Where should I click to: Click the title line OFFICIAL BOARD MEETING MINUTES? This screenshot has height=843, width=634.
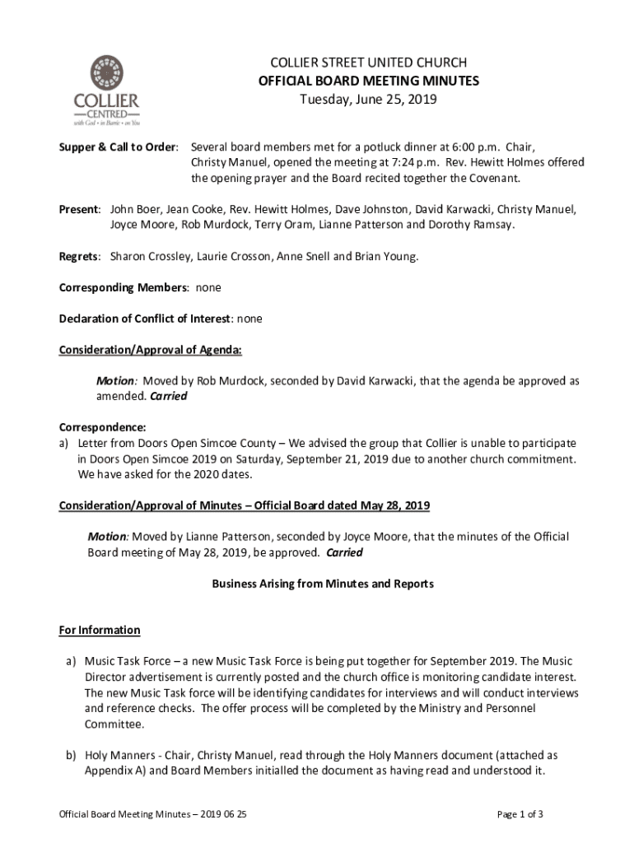coord(369,81)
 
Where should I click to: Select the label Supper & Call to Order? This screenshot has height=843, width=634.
coord(119,147)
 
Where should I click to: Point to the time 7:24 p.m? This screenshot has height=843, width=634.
coord(404,161)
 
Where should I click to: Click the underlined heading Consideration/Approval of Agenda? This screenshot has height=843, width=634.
coord(151,350)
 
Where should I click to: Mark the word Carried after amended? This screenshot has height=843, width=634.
coord(168,396)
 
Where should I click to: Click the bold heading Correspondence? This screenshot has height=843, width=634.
coord(102,427)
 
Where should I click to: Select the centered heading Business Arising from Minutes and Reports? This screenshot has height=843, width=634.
coord(323,584)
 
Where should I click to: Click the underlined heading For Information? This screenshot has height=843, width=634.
coord(100,630)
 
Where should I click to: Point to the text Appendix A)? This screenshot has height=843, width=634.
coord(113,771)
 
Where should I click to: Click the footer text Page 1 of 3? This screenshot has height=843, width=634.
coord(520,814)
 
